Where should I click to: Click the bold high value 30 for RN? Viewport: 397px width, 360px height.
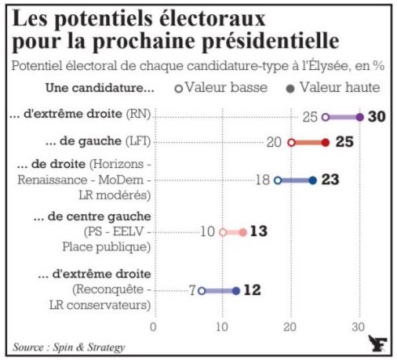pos(377,117)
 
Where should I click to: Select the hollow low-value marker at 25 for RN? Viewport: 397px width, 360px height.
pos(326,117)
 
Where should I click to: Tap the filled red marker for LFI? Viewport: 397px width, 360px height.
pos(325,143)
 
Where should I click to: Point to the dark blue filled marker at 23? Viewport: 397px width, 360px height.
pos(312,180)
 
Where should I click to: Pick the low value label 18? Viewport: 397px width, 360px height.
pos(262,180)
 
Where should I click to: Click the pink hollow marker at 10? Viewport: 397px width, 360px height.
pos(223,232)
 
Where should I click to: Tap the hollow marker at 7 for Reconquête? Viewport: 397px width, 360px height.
pos(202,290)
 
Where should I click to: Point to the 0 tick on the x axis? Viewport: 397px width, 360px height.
pos(154,326)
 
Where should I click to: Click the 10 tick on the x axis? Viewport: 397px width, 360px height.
pos(223,326)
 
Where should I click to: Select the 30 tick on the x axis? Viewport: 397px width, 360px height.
pos(359,326)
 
